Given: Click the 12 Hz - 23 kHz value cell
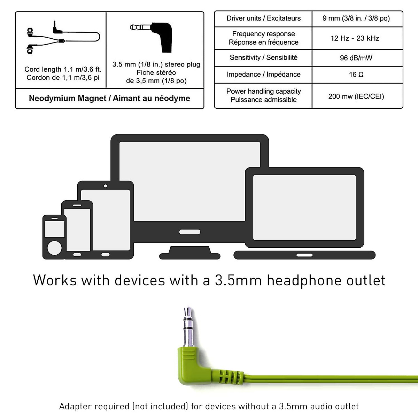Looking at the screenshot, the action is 355,38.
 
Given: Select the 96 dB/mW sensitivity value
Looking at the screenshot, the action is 356,58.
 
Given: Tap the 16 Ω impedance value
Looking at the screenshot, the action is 356,75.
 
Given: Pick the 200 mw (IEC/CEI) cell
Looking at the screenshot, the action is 356,96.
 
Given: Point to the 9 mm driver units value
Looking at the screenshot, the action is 356,18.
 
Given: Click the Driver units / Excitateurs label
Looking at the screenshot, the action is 263,18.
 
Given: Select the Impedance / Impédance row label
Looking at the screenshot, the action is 263,75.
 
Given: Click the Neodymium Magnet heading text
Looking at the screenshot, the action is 109,99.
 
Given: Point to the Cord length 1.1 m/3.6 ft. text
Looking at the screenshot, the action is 63,69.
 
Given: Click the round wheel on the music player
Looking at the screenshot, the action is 54,248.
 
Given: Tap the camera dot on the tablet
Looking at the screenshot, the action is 105,186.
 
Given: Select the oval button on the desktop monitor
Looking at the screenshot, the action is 189,232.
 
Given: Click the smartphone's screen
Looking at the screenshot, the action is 77,229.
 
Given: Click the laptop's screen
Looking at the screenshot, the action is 304,208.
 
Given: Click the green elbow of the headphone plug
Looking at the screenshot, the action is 195,366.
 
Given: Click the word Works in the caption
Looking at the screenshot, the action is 54,280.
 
